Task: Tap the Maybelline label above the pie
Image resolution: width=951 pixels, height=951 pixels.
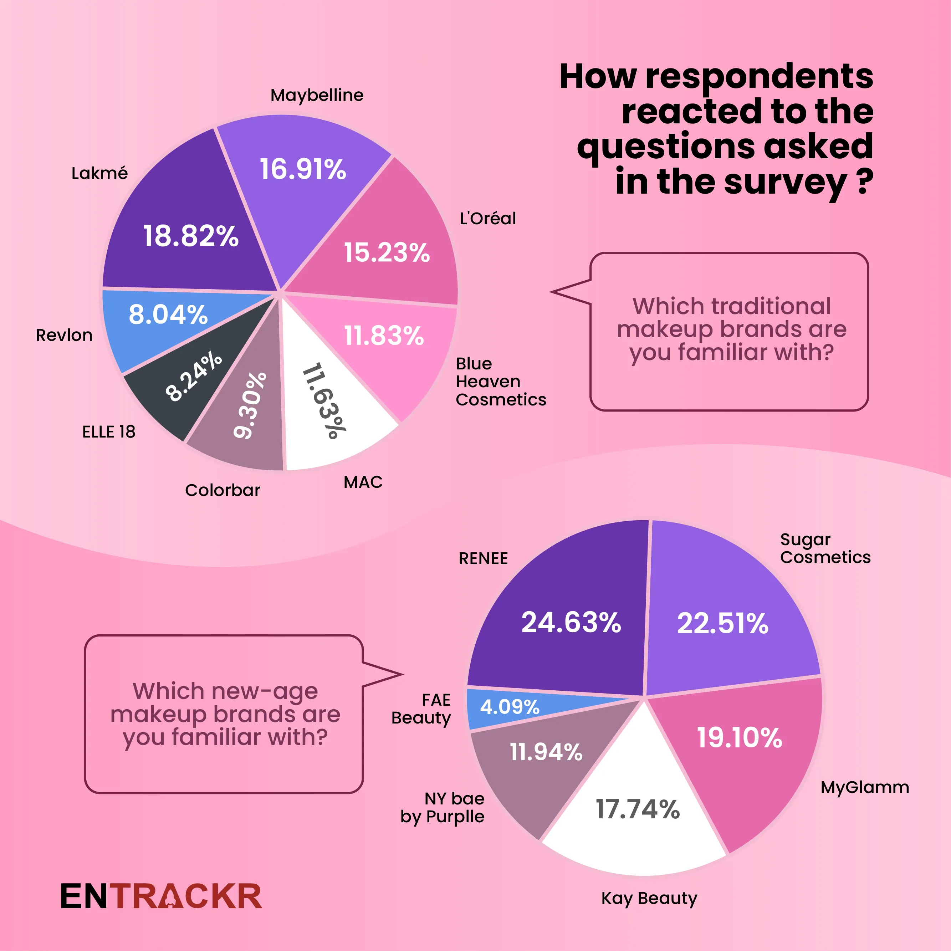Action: coord(317,95)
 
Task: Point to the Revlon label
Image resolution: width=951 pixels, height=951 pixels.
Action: coord(64,335)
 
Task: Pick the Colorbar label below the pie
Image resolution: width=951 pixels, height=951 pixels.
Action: coord(223,490)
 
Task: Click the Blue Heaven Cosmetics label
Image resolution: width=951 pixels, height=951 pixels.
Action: coord(501,382)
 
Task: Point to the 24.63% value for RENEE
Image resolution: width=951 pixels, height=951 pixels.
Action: coord(571,622)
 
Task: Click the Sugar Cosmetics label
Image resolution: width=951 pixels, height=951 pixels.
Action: coord(825,548)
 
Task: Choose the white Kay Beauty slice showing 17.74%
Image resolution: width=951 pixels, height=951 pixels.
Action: coord(638,817)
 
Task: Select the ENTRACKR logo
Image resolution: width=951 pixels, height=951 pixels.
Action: coord(161,896)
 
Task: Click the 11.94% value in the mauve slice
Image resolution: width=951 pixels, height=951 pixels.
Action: coord(546,752)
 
